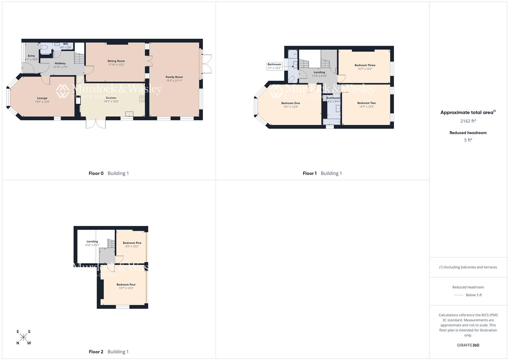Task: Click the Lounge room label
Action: click(42, 98)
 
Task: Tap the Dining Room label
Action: click(116, 61)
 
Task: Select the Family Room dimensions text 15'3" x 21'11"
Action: click(174, 81)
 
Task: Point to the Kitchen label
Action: click(111, 98)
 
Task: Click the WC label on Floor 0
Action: click(65, 44)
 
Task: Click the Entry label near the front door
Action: click(31, 56)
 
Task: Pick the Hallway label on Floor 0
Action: click(60, 63)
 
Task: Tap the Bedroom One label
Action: click(290, 103)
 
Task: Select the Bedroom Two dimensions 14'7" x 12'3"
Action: click(366, 107)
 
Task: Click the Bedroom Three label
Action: click(365, 65)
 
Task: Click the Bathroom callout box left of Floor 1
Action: click(274, 66)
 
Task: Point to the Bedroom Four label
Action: click(126, 285)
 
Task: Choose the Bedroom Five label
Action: click(132, 243)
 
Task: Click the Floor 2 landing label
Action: click(92, 241)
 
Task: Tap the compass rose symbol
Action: click(23, 337)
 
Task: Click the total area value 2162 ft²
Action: click(468, 121)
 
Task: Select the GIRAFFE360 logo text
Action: click(468, 345)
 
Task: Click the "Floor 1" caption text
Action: click(310, 173)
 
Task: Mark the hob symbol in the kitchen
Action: click(142, 99)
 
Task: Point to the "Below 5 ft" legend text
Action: click(474, 295)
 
